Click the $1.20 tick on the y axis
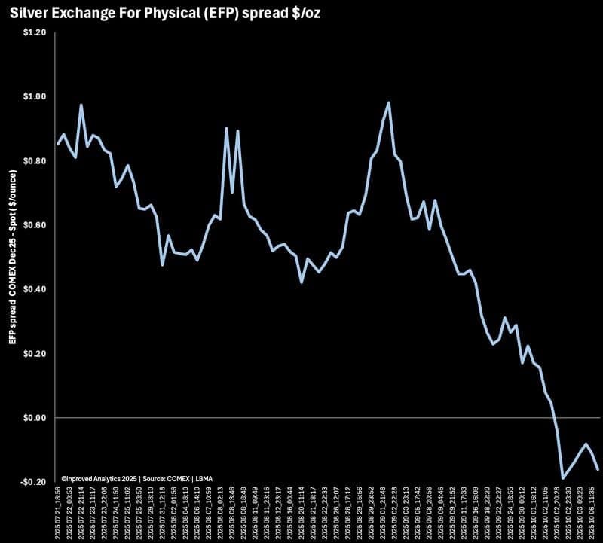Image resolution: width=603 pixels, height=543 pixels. [35, 33]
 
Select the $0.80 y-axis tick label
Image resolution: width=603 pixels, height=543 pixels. [35, 161]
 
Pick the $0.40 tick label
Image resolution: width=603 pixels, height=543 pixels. [35, 290]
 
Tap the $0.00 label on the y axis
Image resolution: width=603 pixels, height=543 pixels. [35, 418]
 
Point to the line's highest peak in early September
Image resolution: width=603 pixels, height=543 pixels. [388, 103]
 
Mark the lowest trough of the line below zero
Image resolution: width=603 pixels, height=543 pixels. [562, 477]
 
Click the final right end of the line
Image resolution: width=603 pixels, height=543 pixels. [598, 469]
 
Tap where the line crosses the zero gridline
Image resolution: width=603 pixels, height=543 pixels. [555, 418]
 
